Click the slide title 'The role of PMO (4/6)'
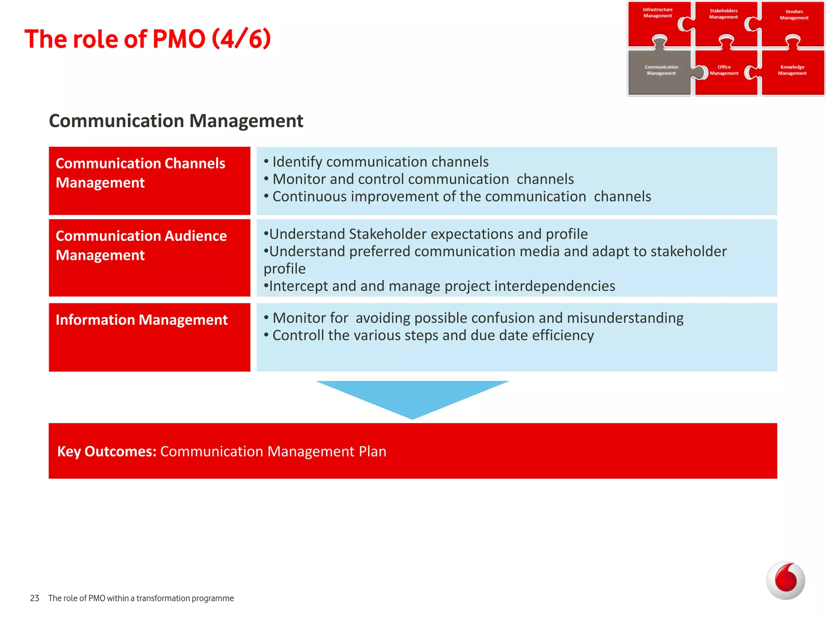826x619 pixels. coord(148,39)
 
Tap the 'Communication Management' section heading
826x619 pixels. coord(176,121)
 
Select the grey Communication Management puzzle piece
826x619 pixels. coord(660,72)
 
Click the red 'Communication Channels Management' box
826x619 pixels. coord(149,181)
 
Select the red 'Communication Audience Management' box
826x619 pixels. coord(149,258)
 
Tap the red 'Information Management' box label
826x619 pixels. coord(142,320)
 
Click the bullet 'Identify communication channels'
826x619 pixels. coord(380,162)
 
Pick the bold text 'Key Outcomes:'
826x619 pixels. coord(107,452)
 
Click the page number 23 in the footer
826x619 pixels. coord(35,598)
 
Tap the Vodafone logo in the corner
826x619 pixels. coord(785,580)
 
